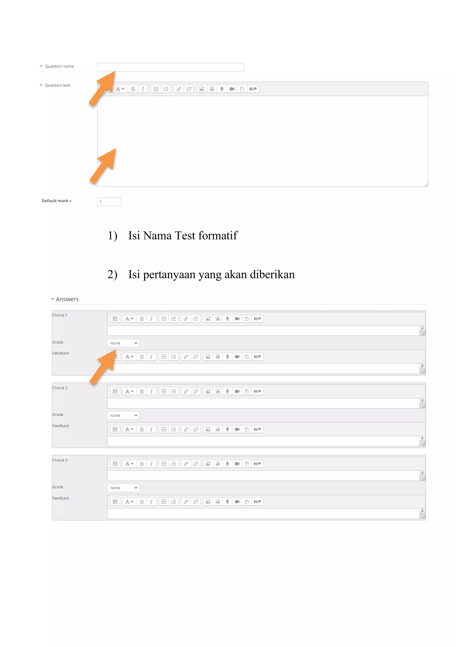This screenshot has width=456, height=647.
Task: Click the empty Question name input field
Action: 170,67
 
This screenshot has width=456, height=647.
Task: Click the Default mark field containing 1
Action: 109,201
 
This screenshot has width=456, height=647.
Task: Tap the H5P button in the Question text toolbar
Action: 253,89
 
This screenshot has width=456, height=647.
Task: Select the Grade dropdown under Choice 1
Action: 123,343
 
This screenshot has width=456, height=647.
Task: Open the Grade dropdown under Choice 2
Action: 123,415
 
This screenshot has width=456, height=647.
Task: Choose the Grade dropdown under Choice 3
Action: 123,488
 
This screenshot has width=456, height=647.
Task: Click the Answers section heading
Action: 67,299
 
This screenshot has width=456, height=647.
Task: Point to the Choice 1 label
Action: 60,315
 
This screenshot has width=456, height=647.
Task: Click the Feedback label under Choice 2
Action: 61,426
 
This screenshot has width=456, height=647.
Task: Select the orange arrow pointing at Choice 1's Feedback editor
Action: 104,367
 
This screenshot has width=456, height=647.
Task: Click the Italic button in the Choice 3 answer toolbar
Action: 151,464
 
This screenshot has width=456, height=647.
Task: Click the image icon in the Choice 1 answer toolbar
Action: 208,319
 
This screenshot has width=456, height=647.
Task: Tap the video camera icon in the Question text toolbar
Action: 232,89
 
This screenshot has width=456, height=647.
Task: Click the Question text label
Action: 57,85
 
